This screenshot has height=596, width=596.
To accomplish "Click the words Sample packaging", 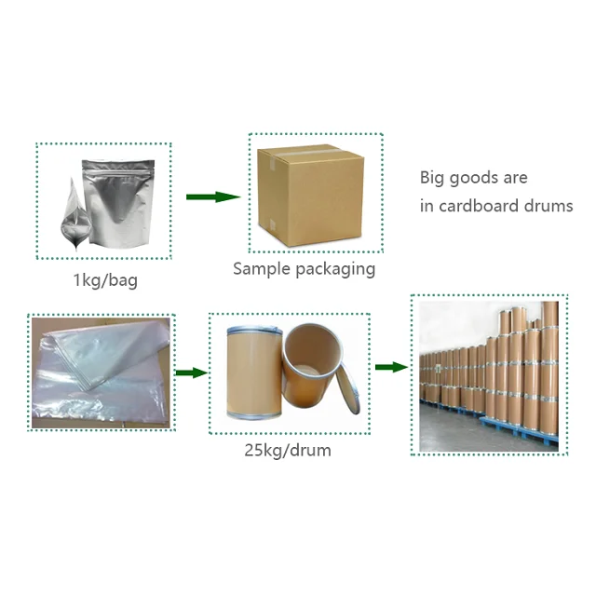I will [x=304, y=269].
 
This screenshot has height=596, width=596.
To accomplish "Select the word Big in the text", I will [x=433, y=178].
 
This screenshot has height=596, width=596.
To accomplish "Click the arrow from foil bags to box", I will [x=213, y=196].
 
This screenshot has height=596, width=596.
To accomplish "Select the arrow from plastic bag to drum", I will [x=190, y=372].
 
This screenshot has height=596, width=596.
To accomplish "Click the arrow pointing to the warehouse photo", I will [x=390, y=367].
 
